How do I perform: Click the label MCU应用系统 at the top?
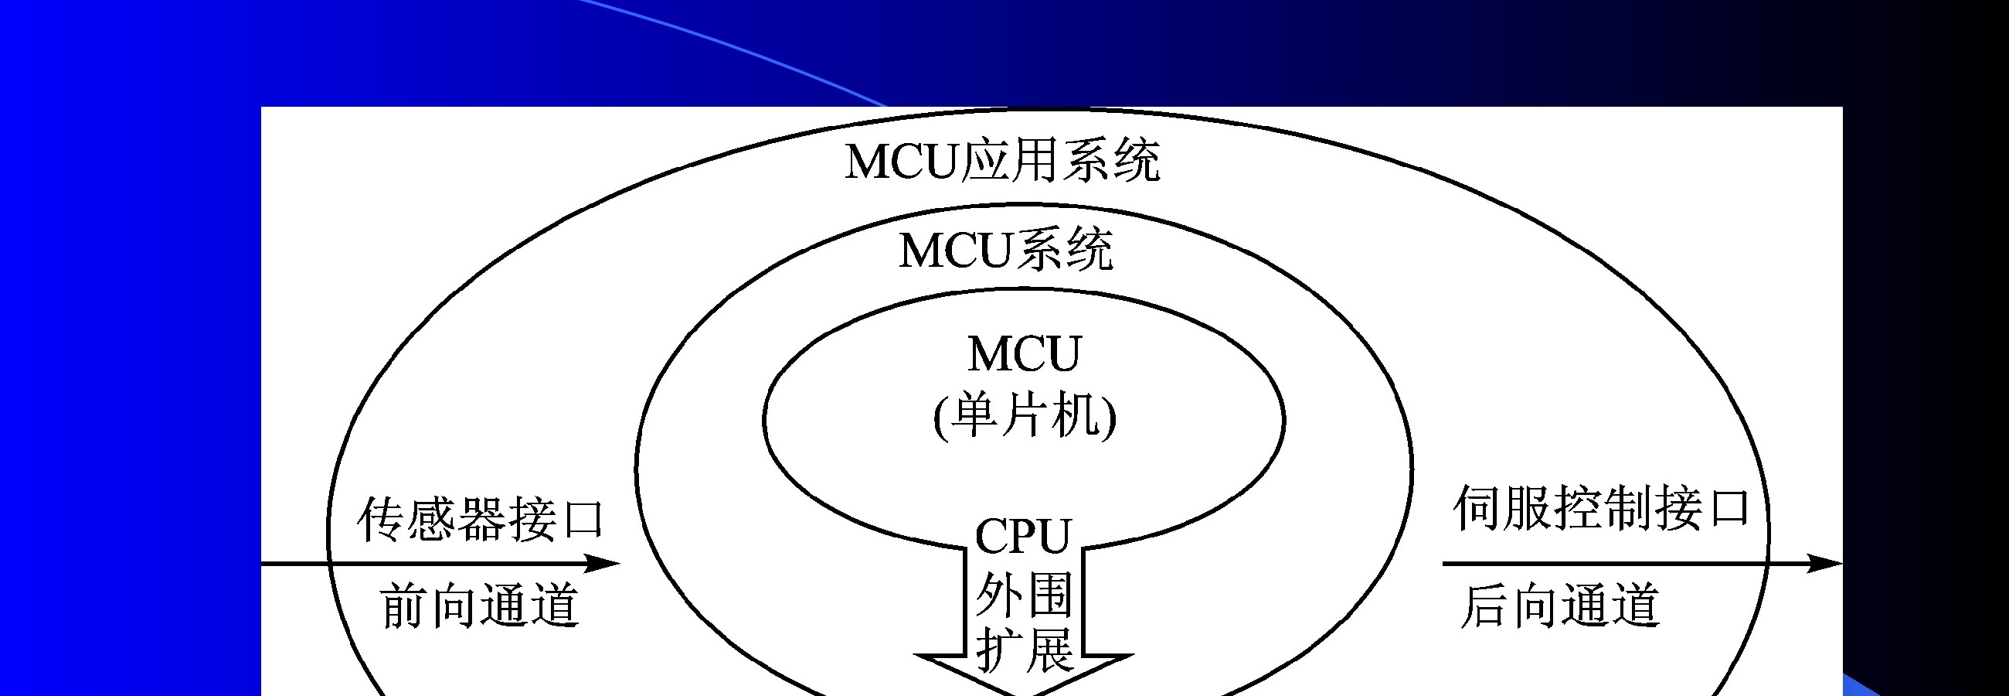pos(1002,161)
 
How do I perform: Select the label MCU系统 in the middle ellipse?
pos(1006,250)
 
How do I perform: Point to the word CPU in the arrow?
pos(1023,536)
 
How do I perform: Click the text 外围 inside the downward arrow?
pos(1024,595)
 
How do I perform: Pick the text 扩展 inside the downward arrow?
pos(1024,650)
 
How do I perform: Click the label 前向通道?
pos(480,606)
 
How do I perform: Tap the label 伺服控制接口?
pos(1602,508)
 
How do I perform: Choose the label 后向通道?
pos(1560,606)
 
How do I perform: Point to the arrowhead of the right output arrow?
pos(1825,563)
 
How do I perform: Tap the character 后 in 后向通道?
pos(1484,606)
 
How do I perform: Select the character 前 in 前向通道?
pos(405,606)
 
